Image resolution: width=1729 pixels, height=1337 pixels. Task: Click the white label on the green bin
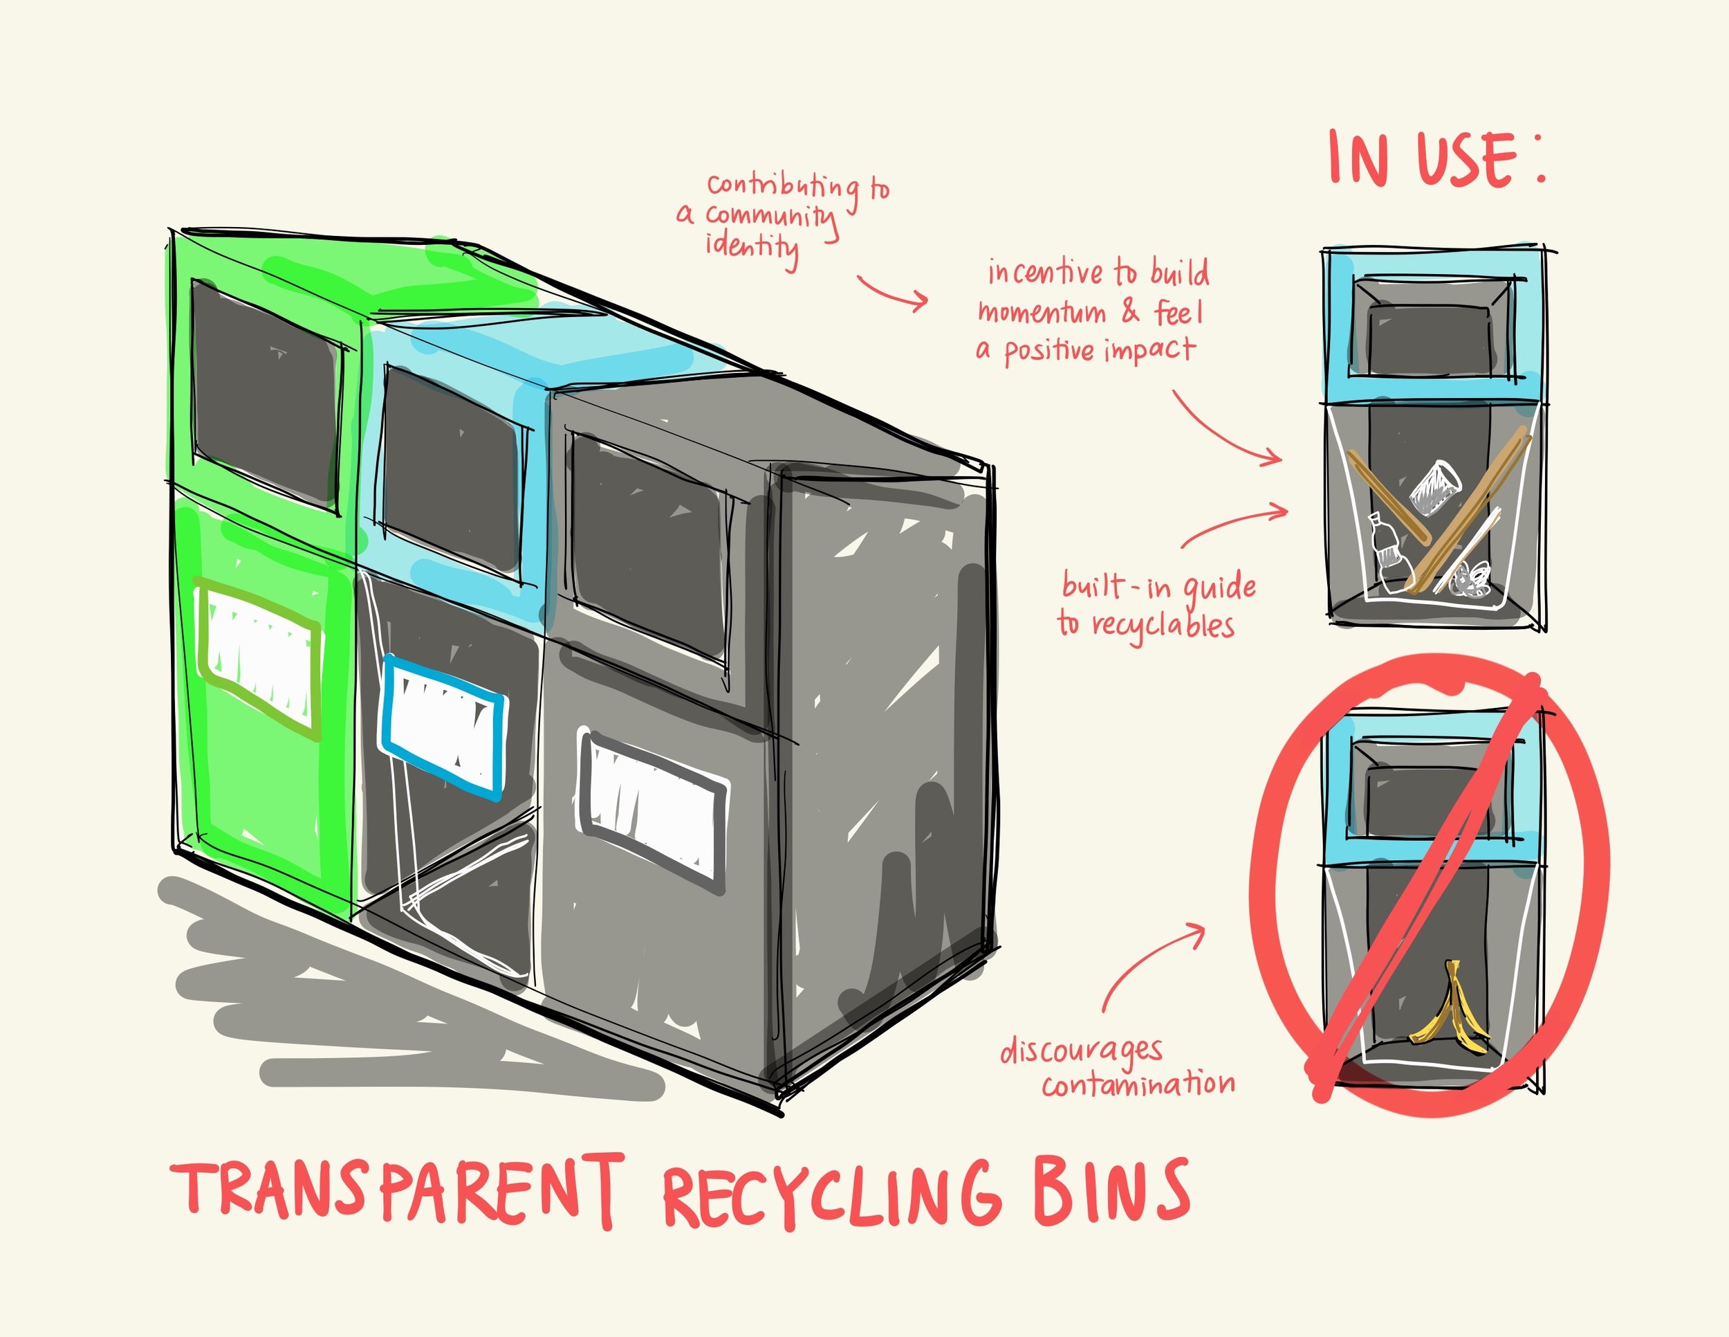[x=259, y=654]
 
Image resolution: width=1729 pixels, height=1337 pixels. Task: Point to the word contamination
[x=1138, y=1083]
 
